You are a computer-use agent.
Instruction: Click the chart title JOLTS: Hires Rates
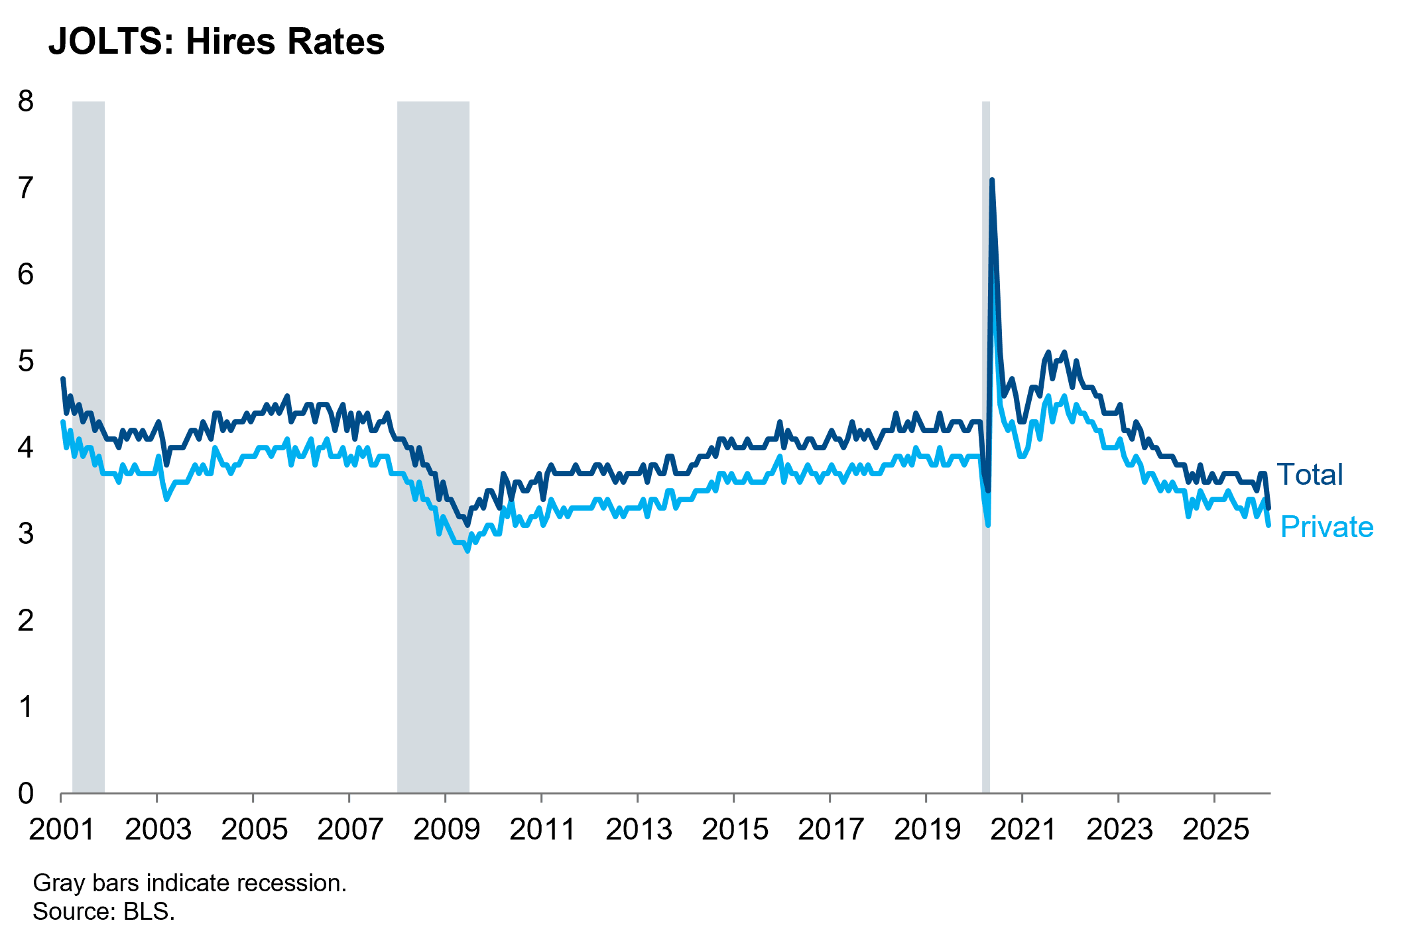(216, 42)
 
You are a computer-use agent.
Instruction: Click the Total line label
(1310, 475)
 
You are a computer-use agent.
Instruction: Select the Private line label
(1327, 527)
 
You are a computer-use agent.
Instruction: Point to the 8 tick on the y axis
(26, 101)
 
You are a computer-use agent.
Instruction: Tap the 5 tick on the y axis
(26, 361)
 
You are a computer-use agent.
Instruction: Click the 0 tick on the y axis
(26, 793)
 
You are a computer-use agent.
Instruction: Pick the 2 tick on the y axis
(26, 621)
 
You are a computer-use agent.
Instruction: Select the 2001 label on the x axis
(62, 830)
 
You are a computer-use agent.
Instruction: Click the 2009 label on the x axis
(446, 830)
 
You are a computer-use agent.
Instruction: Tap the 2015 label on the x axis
(735, 830)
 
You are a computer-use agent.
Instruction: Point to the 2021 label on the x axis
(1022, 830)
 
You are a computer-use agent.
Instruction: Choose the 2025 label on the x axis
(1215, 830)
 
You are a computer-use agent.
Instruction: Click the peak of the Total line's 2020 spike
(992, 180)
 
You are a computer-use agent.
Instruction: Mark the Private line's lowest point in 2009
(467, 550)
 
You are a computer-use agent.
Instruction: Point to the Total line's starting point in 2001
(63, 379)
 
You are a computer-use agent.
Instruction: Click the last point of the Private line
(1268, 525)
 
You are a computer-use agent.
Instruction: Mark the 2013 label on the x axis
(639, 830)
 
